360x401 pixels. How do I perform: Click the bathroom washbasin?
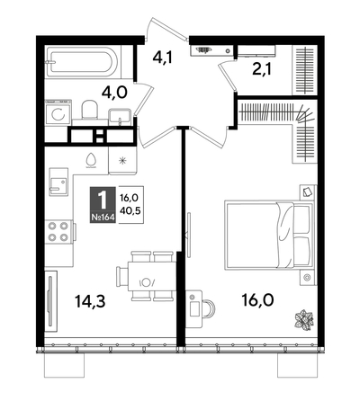click(x=118, y=115)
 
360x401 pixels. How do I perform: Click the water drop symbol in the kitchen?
click(x=91, y=159)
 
